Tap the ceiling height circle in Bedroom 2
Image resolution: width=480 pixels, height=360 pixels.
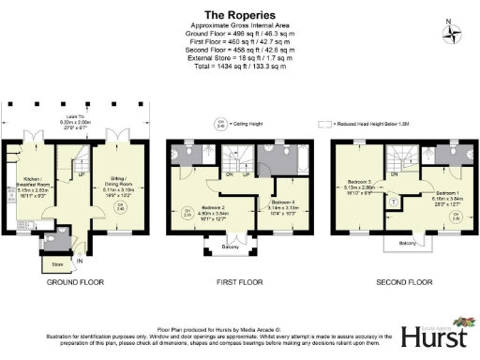188,211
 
